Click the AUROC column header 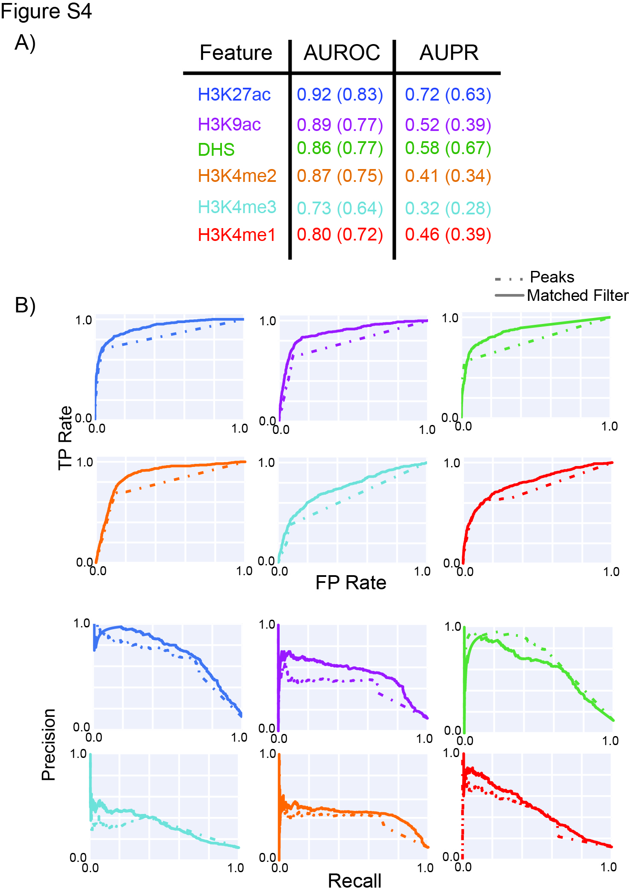(x=342, y=53)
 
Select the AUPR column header (x=449, y=53)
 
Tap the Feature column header (x=236, y=53)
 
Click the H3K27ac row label (x=234, y=95)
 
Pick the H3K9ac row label (x=229, y=125)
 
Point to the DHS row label (x=216, y=150)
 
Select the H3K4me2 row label (x=237, y=176)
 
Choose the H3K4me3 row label (x=237, y=207)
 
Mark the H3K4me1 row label (x=236, y=235)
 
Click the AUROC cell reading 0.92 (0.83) (x=340, y=95)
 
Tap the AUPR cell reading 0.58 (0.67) (x=448, y=148)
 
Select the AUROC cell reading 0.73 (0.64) (x=340, y=208)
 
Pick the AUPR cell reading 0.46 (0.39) (x=448, y=235)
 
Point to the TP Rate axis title (x=65, y=438)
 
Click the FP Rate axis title (x=351, y=582)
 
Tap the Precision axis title (x=49, y=745)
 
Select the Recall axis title (x=354, y=881)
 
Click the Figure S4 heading (x=46, y=11)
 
